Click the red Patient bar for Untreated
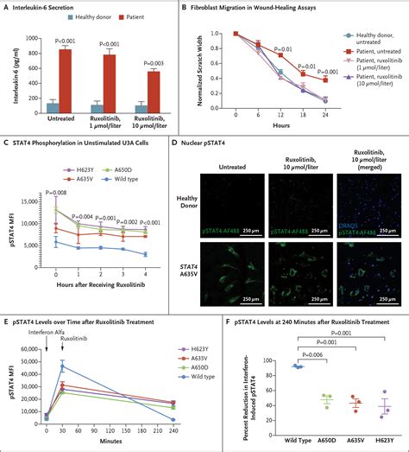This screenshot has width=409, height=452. (x=65, y=81)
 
